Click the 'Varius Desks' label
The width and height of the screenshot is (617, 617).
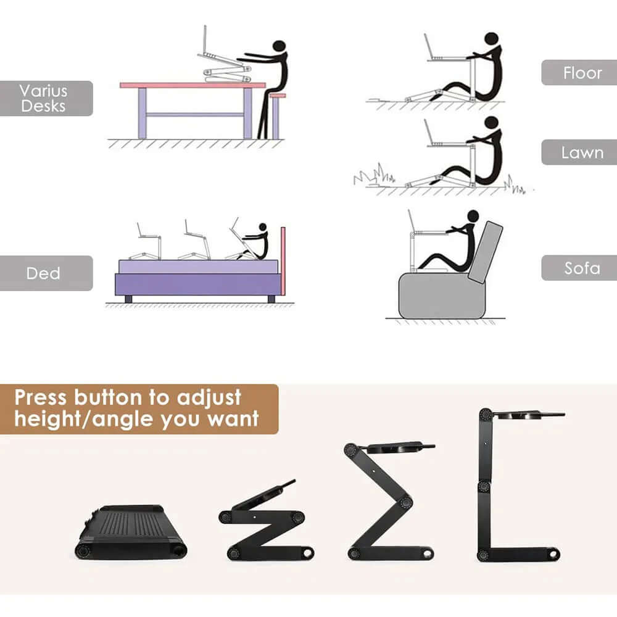coord(43,98)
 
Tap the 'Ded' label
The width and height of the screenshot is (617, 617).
coord(43,273)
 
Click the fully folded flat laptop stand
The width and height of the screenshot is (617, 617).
coord(131,532)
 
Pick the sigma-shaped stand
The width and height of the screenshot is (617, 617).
coord(386,500)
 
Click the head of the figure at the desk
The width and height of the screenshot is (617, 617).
coord(280,46)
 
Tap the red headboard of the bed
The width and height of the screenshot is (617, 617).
coord(283,259)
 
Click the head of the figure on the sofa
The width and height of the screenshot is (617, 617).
coord(473,217)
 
